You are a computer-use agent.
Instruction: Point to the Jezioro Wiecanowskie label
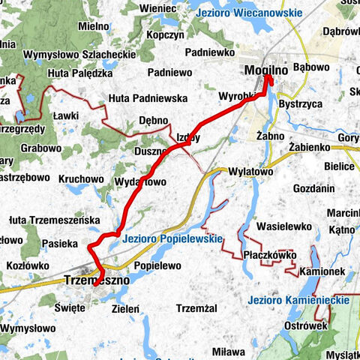click(249, 13)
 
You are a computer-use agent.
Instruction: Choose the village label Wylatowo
click(249, 171)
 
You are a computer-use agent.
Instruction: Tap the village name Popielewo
click(157, 265)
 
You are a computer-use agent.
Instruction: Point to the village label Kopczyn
click(164, 35)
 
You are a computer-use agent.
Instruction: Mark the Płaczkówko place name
click(269, 255)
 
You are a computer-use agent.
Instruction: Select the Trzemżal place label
click(195, 308)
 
